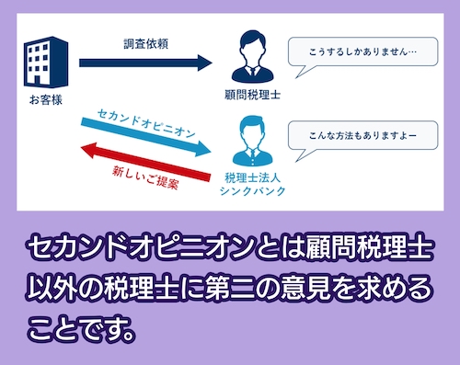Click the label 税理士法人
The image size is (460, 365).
coord(250,176)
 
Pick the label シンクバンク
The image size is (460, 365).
coord(250,190)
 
